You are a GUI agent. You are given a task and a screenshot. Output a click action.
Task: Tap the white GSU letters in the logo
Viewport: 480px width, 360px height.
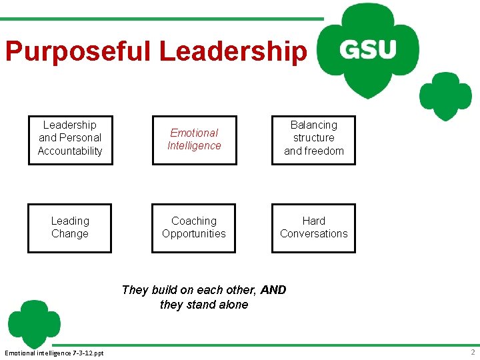pos(367,50)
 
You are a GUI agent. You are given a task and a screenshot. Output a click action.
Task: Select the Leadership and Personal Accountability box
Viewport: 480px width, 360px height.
pos(70,138)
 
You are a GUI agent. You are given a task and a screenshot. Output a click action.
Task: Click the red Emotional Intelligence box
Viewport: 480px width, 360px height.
pos(194,139)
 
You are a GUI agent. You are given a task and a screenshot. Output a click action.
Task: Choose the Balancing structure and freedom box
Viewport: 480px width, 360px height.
pos(313,138)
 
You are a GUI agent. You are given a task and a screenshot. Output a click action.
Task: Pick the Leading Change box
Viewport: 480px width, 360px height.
pos(70,227)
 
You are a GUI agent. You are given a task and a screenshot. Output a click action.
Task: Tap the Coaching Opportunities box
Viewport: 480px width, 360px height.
pos(194,227)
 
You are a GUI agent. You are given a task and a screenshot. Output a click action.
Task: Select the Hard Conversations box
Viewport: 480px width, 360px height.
pos(313,227)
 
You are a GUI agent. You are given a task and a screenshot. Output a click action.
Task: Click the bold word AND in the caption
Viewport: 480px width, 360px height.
pos(273,290)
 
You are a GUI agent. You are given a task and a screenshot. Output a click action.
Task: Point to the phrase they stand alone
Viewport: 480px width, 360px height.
pos(204,305)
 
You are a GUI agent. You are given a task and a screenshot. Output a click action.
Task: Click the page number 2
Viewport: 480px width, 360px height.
pos(472,352)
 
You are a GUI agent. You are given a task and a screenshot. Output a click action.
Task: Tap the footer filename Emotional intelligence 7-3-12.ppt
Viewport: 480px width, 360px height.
pos(54,352)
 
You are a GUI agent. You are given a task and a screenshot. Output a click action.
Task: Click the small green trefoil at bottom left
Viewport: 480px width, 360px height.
pos(33,323)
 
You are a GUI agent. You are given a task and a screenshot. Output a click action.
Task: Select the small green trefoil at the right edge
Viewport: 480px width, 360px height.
pos(445,95)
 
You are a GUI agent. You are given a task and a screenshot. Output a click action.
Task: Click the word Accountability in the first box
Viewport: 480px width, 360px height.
pos(70,151)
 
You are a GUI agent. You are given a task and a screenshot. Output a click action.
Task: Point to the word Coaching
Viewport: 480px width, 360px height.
pos(194,221)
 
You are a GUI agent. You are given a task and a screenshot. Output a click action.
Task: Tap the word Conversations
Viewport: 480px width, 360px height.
pos(313,233)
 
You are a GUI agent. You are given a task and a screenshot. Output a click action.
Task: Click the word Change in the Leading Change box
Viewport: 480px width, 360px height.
pos(70,233)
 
